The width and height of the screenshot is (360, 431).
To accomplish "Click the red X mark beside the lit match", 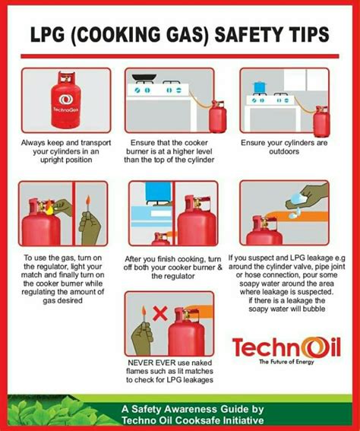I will point(159,312).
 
